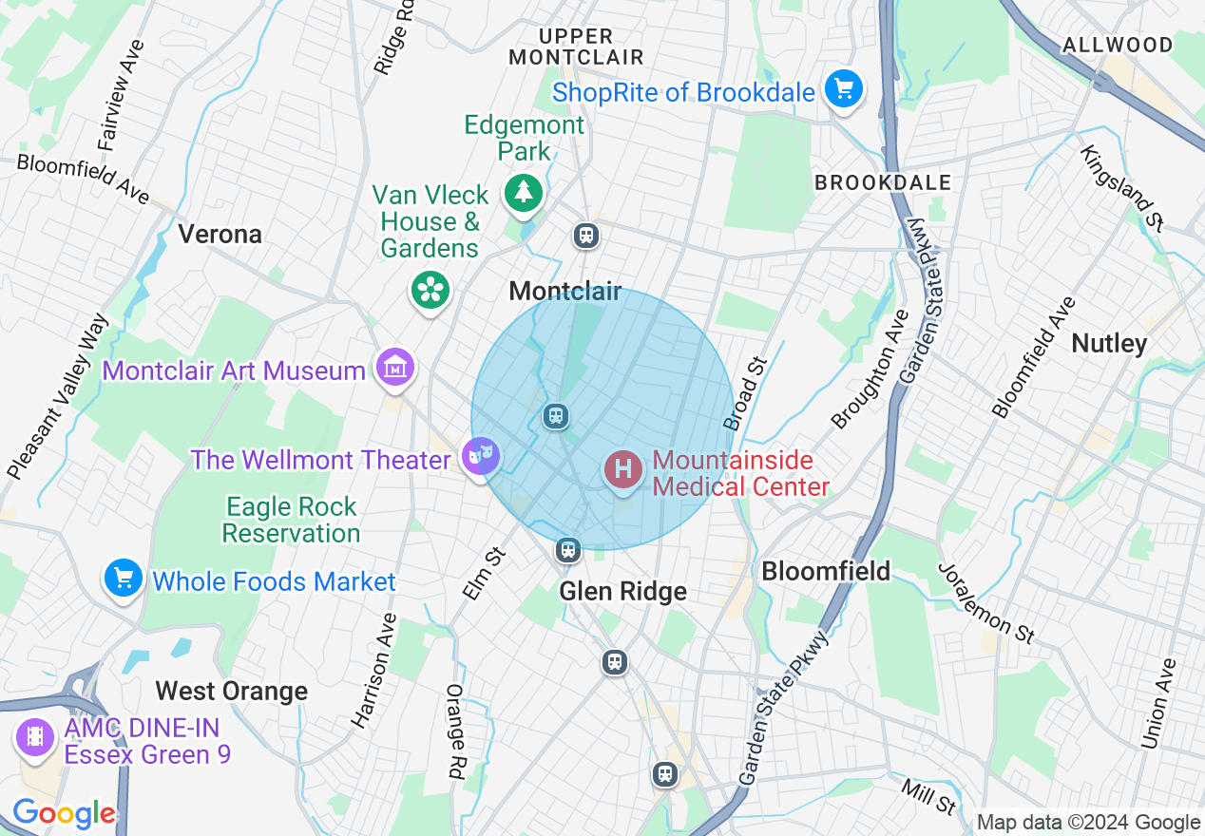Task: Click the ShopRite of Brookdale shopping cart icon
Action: pos(842,91)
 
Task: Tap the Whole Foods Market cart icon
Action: pos(123,579)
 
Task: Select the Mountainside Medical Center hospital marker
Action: pos(623,469)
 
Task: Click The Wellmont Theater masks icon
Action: pos(481,457)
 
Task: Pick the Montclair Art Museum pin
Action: pos(394,368)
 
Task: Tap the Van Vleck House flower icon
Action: pos(430,289)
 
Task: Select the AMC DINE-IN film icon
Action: pos(35,736)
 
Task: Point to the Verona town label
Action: pos(220,234)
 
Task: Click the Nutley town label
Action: pos(1109,343)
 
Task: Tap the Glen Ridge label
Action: pos(622,592)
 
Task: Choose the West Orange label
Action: pos(231,691)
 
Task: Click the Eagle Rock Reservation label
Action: pos(291,520)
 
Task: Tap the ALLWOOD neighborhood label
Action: pos(1118,45)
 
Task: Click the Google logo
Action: pos(64,814)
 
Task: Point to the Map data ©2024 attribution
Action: pos(1089,823)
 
